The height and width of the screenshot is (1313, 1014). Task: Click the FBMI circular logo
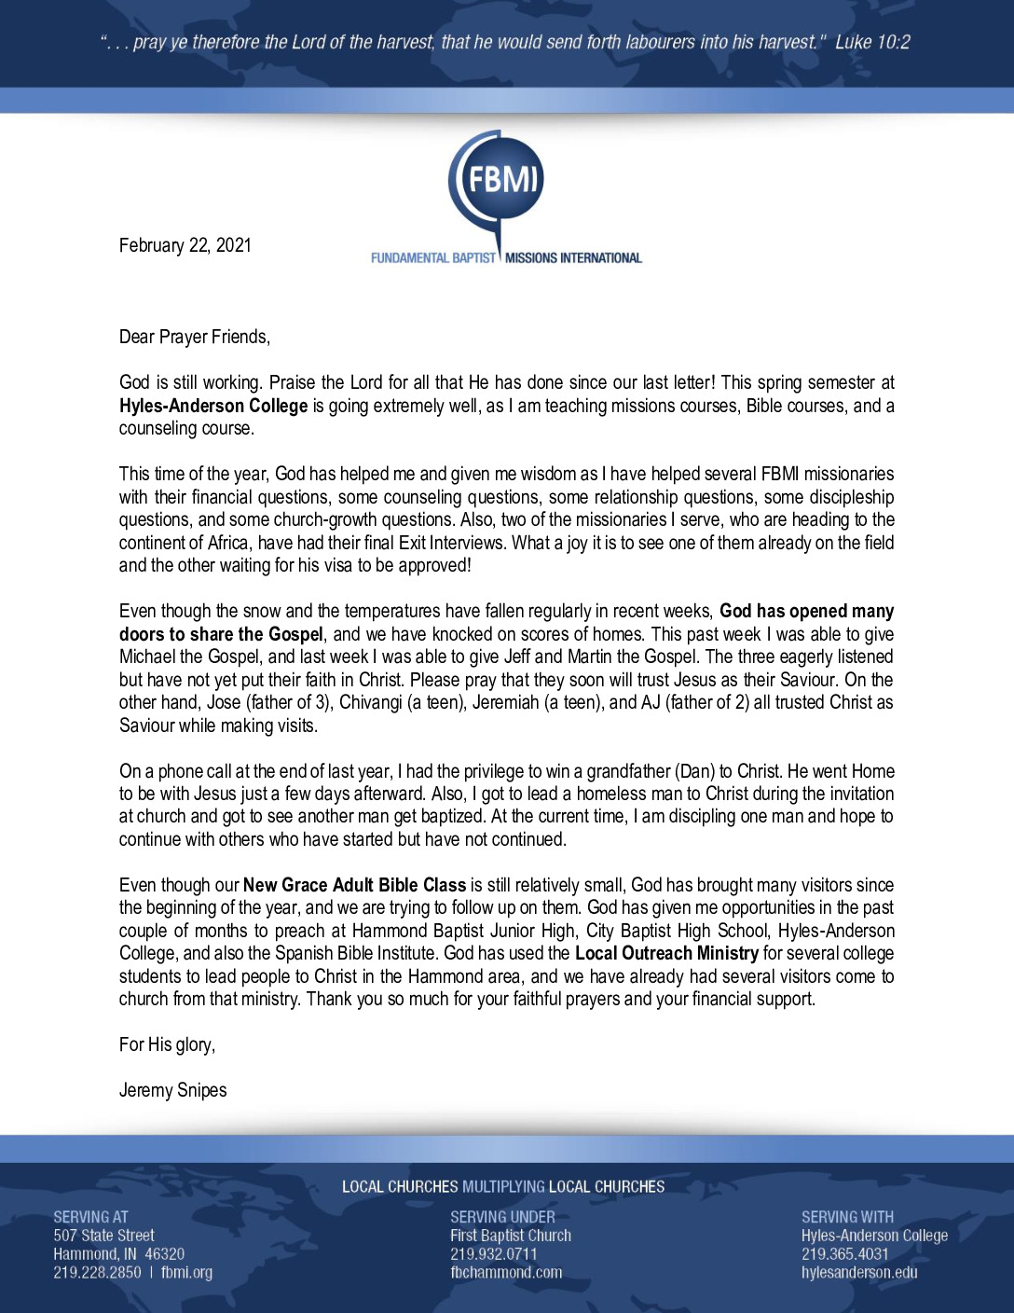pyautogui.click(x=497, y=180)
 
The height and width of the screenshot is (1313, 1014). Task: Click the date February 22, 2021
pyautogui.click(x=185, y=245)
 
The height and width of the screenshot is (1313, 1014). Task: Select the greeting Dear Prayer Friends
pyautogui.click(x=194, y=337)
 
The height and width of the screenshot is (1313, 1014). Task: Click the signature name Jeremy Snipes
pyautogui.click(x=172, y=1090)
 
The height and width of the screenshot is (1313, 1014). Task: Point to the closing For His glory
pyautogui.click(x=167, y=1044)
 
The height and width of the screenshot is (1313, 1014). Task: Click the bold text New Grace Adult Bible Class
pyautogui.click(x=354, y=885)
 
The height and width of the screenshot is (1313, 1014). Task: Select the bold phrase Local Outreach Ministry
pyautogui.click(x=666, y=953)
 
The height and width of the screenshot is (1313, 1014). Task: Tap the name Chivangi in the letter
pyautogui.click(x=371, y=702)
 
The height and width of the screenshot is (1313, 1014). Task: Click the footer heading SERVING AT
pyautogui.click(x=90, y=1217)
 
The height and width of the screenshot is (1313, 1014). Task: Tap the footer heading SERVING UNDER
pyautogui.click(x=502, y=1217)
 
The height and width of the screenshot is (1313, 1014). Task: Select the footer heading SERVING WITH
pyautogui.click(x=847, y=1217)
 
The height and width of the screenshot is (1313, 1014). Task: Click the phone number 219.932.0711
pyautogui.click(x=494, y=1254)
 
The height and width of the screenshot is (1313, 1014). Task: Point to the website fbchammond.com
pyautogui.click(x=506, y=1273)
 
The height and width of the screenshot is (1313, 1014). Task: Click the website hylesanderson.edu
pyautogui.click(x=859, y=1273)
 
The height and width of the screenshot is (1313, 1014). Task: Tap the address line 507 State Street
pyautogui.click(x=103, y=1236)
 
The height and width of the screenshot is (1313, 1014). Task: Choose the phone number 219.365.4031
pyautogui.click(x=844, y=1254)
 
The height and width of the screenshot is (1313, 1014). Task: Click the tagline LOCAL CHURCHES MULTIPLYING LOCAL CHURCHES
pyautogui.click(x=503, y=1187)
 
